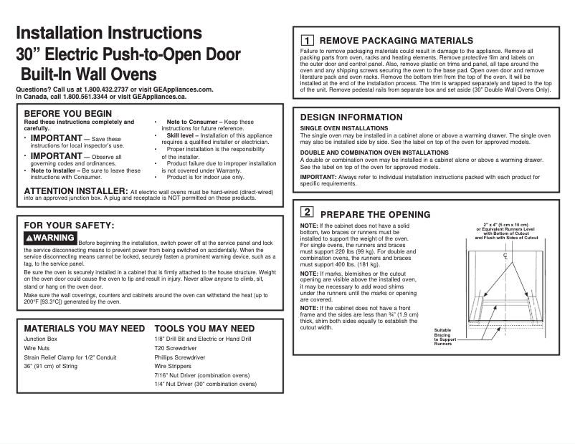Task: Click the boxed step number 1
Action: click(x=306, y=42)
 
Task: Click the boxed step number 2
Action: click(x=306, y=213)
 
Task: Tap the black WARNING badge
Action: click(x=50, y=238)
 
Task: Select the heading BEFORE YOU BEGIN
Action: click(x=68, y=113)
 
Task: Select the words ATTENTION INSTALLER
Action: click(x=75, y=190)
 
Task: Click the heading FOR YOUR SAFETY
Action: click(x=70, y=226)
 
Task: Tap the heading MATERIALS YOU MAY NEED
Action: click(x=85, y=329)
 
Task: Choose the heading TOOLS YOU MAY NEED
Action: click(x=204, y=329)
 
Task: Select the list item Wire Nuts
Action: click(x=37, y=347)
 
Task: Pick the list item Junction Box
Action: click(x=40, y=338)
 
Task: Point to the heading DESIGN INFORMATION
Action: click(x=351, y=117)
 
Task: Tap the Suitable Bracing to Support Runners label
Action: click(x=445, y=337)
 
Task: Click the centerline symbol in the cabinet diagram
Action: click(x=505, y=256)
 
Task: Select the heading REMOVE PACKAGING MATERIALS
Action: click(x=396, y=41)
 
